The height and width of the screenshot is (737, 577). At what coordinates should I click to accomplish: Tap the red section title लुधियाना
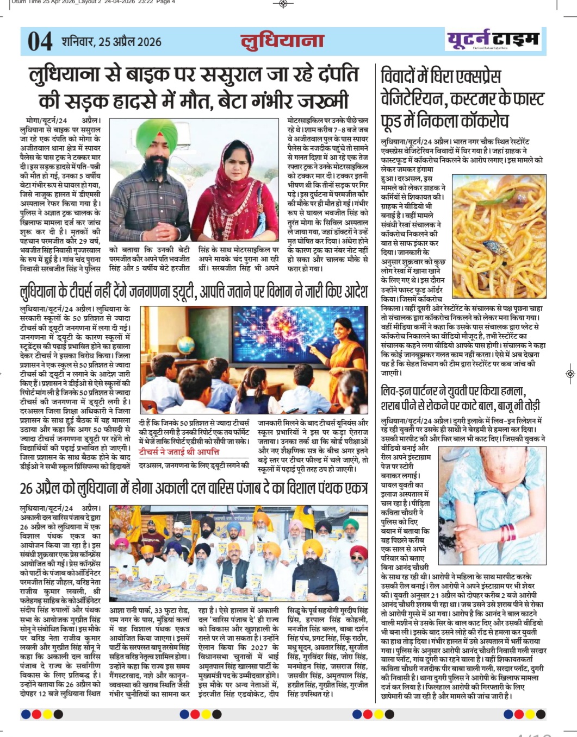point(282,41)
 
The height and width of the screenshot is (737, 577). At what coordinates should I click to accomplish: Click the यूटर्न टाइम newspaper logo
point(493,39)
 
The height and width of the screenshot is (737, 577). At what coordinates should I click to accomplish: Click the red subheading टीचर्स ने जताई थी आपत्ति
point(179,451)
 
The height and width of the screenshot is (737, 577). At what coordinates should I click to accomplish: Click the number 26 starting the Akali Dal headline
point(27,488)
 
